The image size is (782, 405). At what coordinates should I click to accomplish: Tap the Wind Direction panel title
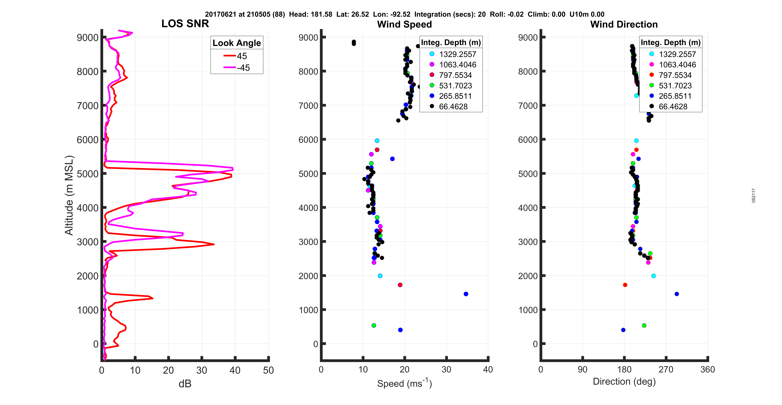(x=624, y=24)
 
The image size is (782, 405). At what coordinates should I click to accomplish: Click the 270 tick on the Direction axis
(x=666, y=370)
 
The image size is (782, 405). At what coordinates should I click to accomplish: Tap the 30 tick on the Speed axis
(x=446, y=370)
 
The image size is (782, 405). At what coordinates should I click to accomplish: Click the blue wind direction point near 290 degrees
(x=677, y=294)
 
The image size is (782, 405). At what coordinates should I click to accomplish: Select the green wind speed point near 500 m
(x=374, y=326)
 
